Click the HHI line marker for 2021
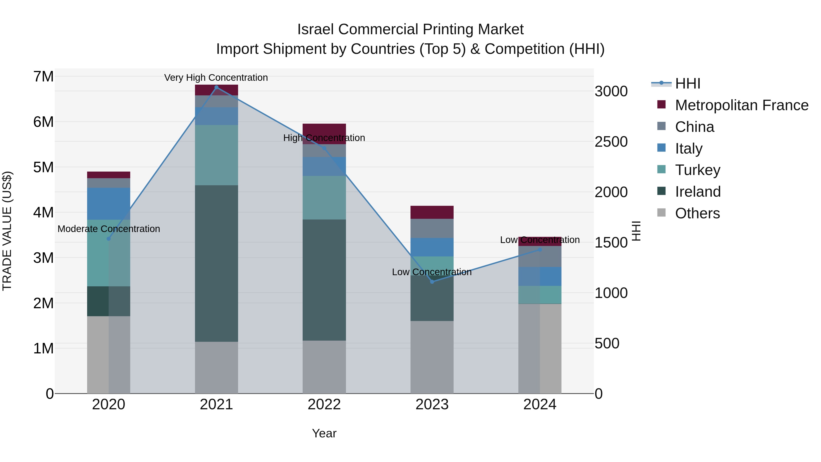coord(216,87)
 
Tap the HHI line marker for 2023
coord(432,282)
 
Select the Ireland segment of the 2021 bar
coord(216,263)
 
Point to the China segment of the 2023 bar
coord(432,228)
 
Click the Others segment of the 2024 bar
coord(540,348)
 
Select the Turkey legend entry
coord(697,170)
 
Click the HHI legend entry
coord(687,84)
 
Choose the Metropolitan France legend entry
coord(741,105)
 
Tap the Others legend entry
coord(697,213)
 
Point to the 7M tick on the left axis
coord(43,76)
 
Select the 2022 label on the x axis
coord(324,405)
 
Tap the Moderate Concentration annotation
coord(109,229)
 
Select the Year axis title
coord(324,433)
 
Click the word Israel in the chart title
coord(316,29)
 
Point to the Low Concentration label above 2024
coord(540,240)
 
